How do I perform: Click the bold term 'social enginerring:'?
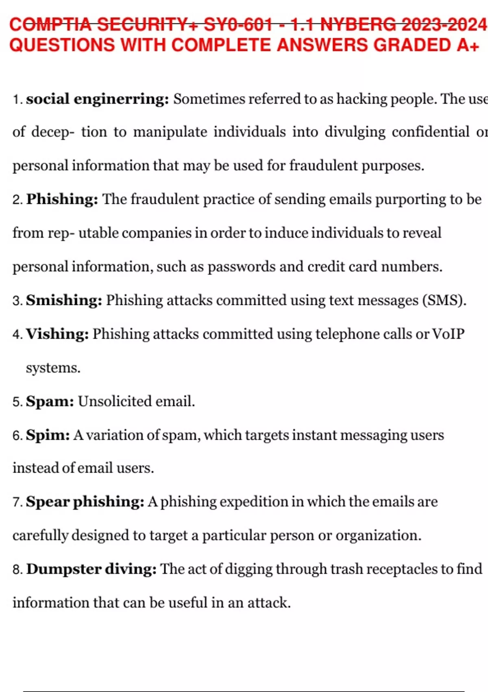pyautogui.click(x=97, y=99)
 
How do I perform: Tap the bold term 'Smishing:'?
pyautogui.click(x=64, y=300)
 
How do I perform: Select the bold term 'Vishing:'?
pyautogui.click(x=57, y=334)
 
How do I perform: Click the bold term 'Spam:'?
pyautogui.click(x=50, y=401)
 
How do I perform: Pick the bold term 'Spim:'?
pyautogui.click(x=48, y=435)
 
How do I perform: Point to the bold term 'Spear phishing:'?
pyautogui.click(x=85, y=501)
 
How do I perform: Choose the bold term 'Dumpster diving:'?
pyautogui.click(x=91, y=569)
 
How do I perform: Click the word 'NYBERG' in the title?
pyautogui.click(x=358, y=24)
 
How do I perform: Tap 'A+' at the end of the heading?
pyautogui.click(x=468, y=45)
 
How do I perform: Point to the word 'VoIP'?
pyautogui.click(x=448, y=334)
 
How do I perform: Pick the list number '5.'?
pyautogui.click(x=17, y=402)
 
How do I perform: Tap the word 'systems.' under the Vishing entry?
pyautogui.click(x=53, y=368)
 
